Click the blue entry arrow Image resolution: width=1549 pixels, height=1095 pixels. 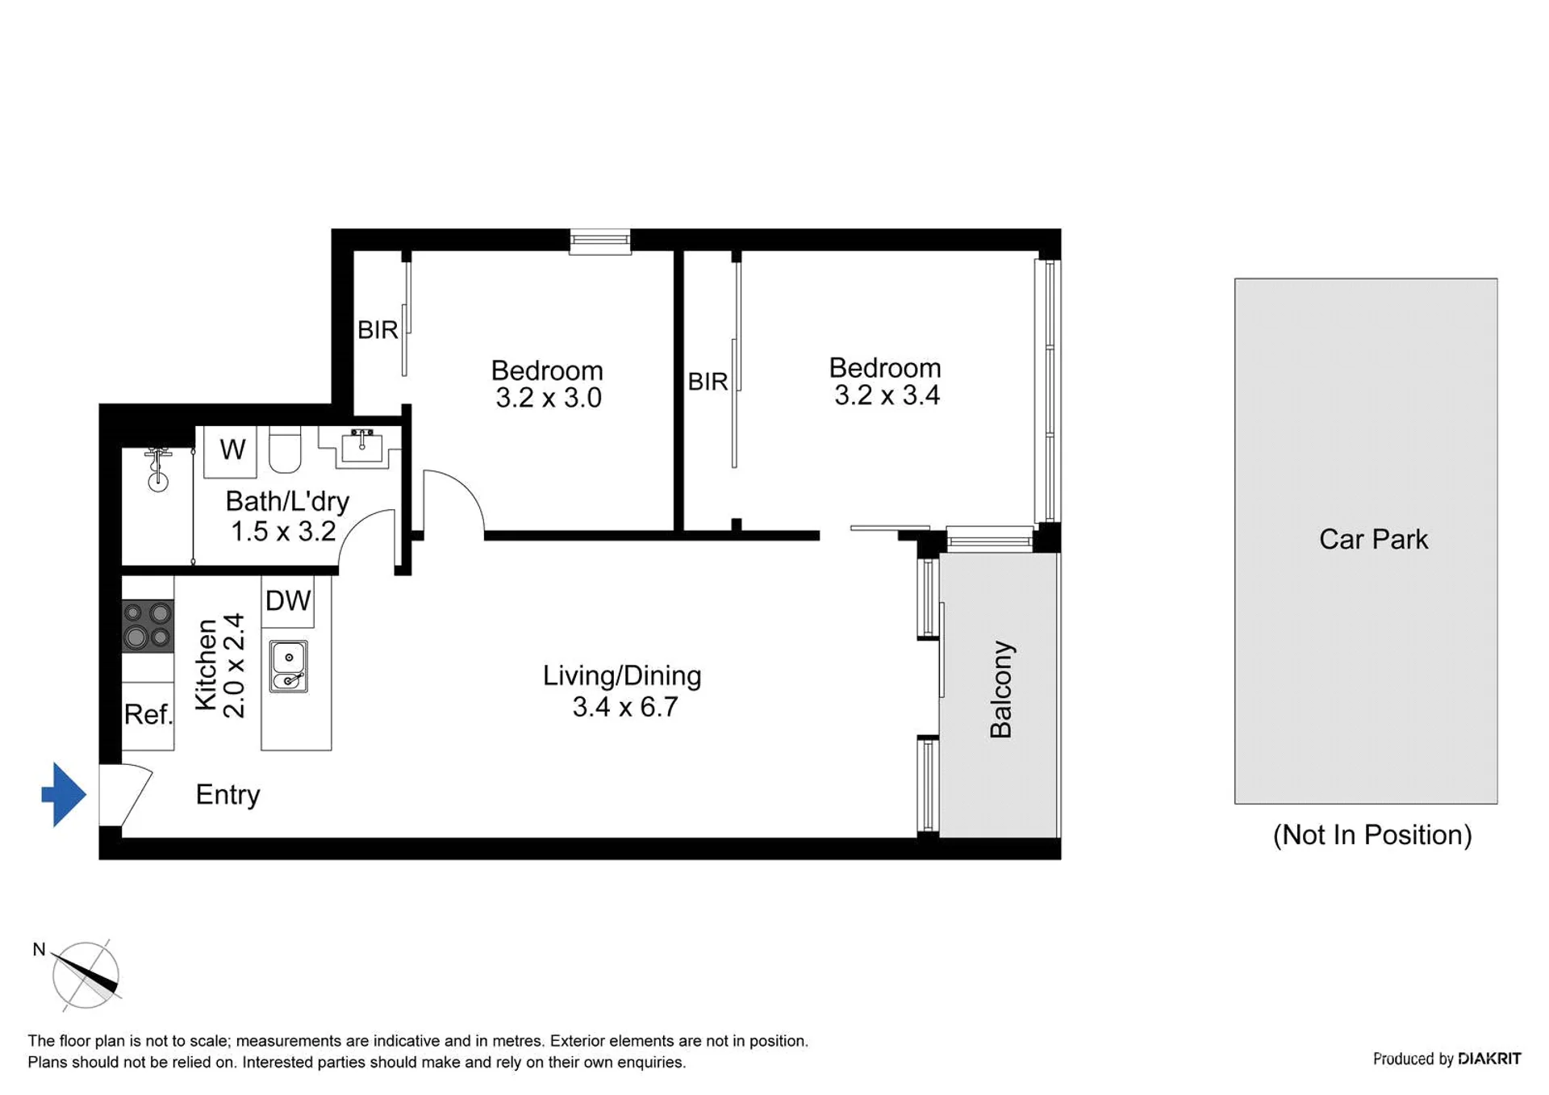click(64, 794)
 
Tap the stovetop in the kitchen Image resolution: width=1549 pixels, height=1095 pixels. click(148, 625)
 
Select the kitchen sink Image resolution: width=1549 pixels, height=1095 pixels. click(288, 667)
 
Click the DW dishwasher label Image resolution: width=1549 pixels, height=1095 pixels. click(288, 600)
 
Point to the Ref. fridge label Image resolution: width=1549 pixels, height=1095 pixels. click(148, 714)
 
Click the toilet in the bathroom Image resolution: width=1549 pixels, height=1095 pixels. click(284, 450)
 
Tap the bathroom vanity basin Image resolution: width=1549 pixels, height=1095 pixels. click(361, 447)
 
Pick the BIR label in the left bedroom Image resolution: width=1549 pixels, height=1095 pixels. click(378, 330)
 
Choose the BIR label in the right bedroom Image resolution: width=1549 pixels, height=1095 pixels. click(708, 382)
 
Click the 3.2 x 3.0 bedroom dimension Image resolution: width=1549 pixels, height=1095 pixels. click(549, 398)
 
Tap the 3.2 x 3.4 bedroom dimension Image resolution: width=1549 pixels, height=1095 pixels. click(887, 395)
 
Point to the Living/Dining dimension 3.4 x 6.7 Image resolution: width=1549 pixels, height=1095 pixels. click(625, 707)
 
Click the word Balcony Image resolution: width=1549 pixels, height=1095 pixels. click(1001, 690)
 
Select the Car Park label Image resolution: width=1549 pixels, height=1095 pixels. click(1373, 539)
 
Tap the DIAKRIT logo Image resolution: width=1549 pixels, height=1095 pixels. click(1489, 1059)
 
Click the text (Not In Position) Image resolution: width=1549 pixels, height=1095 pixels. click(1372, 834)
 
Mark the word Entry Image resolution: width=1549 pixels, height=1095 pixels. click(228, 795)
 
